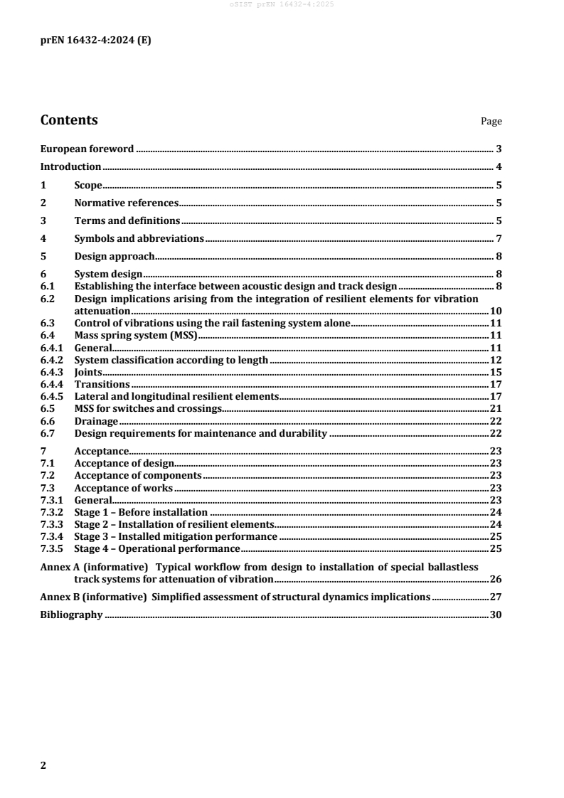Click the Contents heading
point(69,120)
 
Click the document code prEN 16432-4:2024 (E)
point(95,41)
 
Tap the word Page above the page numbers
point(491,122)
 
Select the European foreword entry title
point(87,149)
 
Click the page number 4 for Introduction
point(499,167)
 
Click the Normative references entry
point(126,203)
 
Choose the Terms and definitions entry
point(127,220)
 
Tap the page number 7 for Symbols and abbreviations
point(499,238)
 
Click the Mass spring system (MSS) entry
point(135,335)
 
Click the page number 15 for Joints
point(496,372)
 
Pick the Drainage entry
point(96,421)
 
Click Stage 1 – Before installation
point(141,512)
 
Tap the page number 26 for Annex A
point(496,579)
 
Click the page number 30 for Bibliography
point(496,615)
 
